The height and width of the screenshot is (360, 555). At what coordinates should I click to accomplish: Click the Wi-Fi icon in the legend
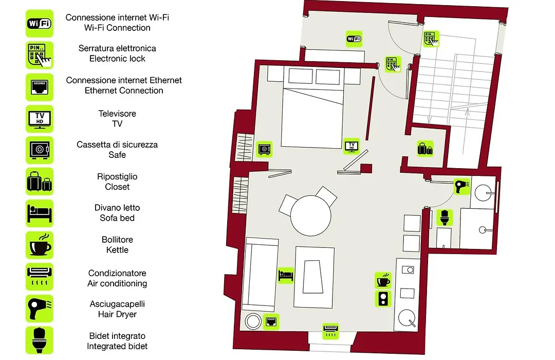[39, 23]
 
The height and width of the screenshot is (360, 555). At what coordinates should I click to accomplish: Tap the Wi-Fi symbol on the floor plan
[354, 39]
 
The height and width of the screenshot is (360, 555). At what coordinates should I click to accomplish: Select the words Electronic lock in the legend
[117, 59]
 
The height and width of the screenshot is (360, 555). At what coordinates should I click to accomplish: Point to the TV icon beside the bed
[351, 146]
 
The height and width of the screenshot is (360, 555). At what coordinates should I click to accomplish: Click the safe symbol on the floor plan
[265, 149]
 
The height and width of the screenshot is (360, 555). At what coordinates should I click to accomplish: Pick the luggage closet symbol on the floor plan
[425, 149]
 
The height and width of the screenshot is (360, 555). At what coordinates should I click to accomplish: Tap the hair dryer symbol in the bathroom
[462, 186]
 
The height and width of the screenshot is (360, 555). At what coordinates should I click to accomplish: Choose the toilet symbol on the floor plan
[445, 218]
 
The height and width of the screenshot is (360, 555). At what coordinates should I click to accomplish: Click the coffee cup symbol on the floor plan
[383, 280]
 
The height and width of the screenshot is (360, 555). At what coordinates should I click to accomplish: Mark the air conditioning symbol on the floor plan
[330, 331]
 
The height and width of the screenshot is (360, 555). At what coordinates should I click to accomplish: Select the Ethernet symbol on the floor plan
[271, 322]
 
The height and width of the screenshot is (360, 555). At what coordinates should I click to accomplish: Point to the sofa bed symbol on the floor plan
[286, 275]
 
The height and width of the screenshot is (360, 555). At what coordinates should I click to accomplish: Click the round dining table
[311, 215]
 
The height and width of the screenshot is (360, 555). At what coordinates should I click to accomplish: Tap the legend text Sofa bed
[117, 218]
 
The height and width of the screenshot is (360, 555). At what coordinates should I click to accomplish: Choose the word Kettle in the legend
[117, 250]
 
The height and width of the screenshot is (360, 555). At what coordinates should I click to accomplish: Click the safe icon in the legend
[39, 150]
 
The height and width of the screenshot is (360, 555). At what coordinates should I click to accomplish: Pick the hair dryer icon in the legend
[39, 309]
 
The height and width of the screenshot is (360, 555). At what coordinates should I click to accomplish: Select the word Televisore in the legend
[117, 113]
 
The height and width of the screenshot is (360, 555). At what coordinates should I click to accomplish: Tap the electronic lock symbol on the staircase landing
[431, 39]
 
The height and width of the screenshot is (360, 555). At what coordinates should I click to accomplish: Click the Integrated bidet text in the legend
[117, 346]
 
